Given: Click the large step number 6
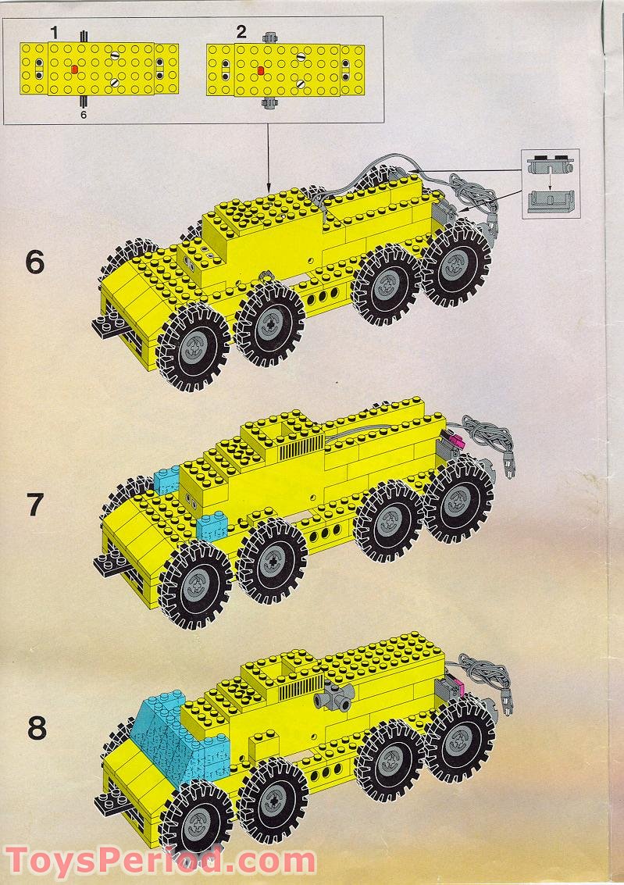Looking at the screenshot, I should click(x=34, y=262).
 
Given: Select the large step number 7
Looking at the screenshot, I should click(x=34, y=505).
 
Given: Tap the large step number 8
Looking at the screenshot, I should click(x=36, y=728).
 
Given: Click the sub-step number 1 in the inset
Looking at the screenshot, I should click(x=54, y=32).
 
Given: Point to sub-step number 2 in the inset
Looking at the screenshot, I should click(x=241, y=32).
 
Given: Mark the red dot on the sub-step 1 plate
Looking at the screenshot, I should click(x=75, y=70).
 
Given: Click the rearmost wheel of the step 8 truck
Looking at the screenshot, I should click(x=461, y=740).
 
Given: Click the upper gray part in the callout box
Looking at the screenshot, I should click(x=551, y=166).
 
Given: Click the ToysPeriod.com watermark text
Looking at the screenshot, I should click(x=159, y=862).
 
